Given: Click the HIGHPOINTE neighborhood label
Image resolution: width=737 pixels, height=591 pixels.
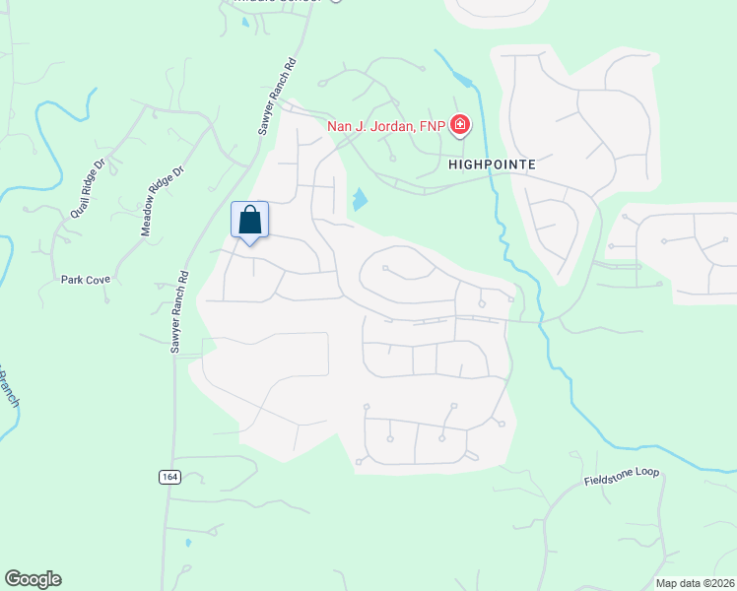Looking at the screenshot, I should point(492,165).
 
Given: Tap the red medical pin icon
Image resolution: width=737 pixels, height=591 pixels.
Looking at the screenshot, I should point(460,125).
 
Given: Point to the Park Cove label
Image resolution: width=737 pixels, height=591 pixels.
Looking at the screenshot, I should point(86,280).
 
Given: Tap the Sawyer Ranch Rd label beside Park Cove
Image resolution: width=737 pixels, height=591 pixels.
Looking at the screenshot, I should point(177,312).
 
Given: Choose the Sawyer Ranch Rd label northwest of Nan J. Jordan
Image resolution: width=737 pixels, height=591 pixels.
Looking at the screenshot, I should point(278,99).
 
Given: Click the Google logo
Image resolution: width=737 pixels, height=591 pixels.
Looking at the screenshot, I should point(33,579).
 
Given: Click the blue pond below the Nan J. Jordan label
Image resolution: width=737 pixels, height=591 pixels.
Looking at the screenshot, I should point(360,200).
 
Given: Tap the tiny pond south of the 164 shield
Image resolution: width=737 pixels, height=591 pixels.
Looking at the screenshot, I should point(187,542).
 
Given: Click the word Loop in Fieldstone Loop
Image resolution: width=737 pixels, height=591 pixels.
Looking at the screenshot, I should point(645,473).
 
